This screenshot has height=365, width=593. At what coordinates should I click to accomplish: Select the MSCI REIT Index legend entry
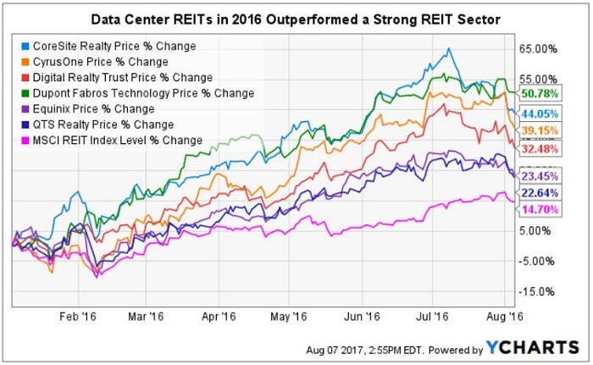(114, 140)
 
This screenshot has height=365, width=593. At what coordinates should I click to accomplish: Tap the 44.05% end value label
(541, 114)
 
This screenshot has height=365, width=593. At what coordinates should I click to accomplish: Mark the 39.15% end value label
(541, 130)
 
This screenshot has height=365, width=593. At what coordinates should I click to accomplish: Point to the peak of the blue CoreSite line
(448, 48)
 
